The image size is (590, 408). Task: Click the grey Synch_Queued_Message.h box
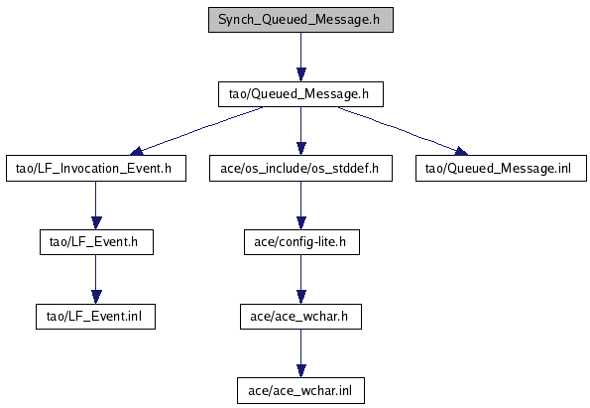[300, 20]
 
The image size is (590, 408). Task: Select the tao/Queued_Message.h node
[300, 94]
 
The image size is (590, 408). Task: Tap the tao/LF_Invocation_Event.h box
[96, 169]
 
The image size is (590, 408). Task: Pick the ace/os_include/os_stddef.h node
[300, 169]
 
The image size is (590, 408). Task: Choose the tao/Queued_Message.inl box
[501, 169]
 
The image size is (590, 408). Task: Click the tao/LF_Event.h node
[96, 242]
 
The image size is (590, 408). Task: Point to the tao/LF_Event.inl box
[95, 317]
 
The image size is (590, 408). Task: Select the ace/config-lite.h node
[301, 242]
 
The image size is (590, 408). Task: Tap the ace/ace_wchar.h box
[300, 317]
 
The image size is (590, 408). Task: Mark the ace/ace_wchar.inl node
[300, 391]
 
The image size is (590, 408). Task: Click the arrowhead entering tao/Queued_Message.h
[300, 74]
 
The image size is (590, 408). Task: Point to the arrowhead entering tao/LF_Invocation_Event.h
[136, 152]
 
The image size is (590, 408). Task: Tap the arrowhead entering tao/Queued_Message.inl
[461, 152]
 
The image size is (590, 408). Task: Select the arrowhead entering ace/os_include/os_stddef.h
[300, 149]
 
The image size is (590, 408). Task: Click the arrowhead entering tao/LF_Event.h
[96, 223]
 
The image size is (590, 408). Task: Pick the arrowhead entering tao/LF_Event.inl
[96, 297]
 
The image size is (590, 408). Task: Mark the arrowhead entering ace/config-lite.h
[300, 223]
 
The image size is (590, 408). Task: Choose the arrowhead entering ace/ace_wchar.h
[300, 297]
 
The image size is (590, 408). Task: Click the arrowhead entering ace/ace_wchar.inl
[300, 371]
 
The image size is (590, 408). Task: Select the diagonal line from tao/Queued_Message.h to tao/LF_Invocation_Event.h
[196, 130]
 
